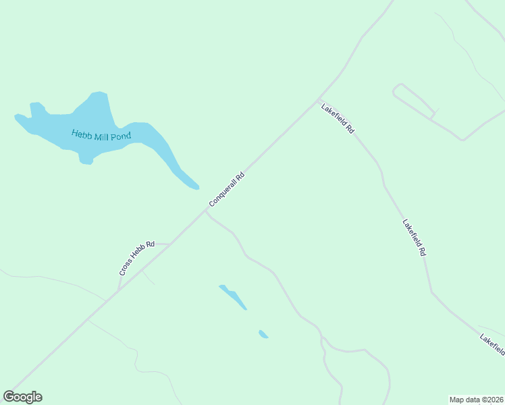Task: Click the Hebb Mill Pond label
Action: tap(101, 134)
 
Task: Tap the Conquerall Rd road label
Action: tap(226, 190)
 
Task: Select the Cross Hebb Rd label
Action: tap(137, 258)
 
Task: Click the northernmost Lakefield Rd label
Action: tap(338, 118)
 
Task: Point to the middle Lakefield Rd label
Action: tap(414, 237)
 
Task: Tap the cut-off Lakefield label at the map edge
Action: tap(491, 344)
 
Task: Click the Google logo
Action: tap(22, 397)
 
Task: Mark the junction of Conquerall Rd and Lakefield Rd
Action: tap(319, 100)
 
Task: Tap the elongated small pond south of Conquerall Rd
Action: tap(233, 296)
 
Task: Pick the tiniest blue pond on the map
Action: tap(263, 333)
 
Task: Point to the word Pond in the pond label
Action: tap(122, 136)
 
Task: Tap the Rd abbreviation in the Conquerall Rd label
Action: tap(238, 178)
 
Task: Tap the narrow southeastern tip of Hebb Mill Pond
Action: tap(195, 186)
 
